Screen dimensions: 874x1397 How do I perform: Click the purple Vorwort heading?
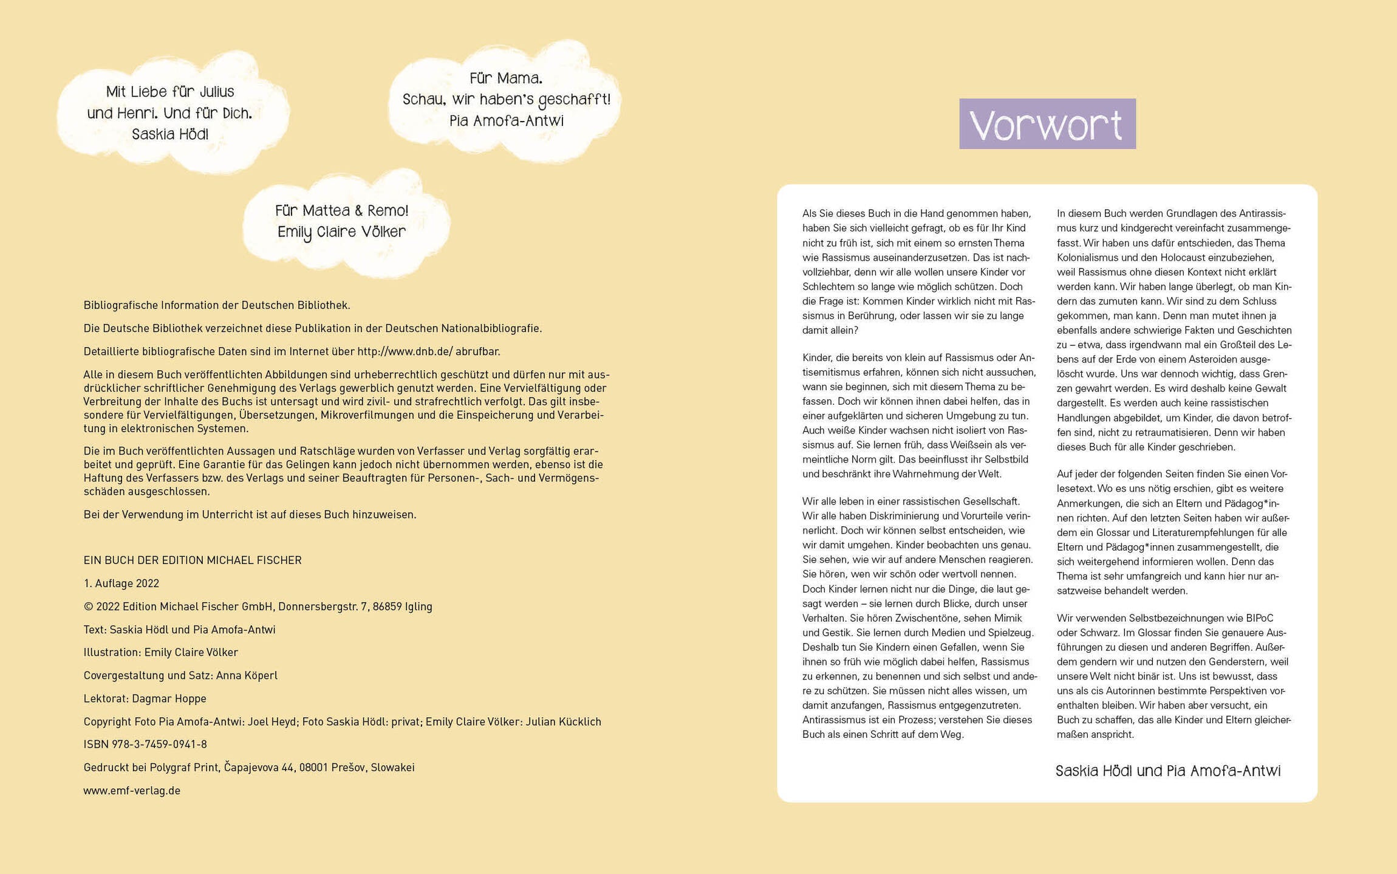(x=1047, y=124)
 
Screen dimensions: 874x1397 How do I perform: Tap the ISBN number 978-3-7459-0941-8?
(x=159, y=744)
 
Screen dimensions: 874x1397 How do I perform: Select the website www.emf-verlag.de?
(x=132, y=790)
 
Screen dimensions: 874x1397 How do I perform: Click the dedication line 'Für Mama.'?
(x=505, y=78)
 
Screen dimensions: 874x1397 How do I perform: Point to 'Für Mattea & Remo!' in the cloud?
(x=341, y=211)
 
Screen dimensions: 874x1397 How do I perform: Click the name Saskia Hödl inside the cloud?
(x=169, y=134)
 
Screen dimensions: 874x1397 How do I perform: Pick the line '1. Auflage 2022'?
(x=121, y=583)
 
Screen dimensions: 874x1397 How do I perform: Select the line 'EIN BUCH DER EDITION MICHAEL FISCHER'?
(x=192, y=560)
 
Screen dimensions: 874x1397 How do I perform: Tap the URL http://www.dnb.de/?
(x=405, y=351)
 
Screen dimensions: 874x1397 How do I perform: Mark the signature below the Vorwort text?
(x=1167, y=771)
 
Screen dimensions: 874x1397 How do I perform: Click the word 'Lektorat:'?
(x=106, y=698)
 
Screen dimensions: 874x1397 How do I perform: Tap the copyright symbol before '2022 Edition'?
(x=88, y=606)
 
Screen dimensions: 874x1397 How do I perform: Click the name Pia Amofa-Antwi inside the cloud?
(x=506, y=121)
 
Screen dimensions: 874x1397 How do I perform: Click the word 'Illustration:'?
(x=112, y=652)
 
